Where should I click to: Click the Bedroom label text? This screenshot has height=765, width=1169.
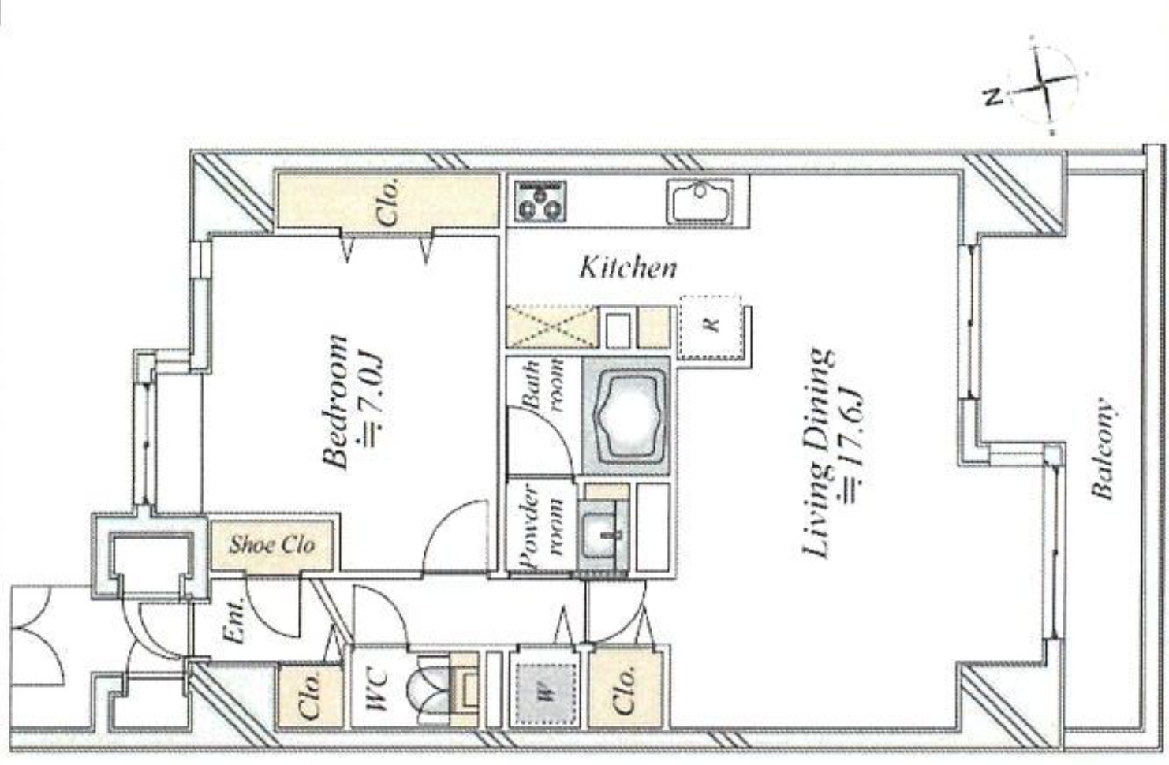pyautogui.click(x=337, y=402)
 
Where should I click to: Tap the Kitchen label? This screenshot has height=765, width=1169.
pyautogui.click(x=628, y=267)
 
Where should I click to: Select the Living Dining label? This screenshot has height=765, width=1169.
pyautogui.click(x=817, y=453)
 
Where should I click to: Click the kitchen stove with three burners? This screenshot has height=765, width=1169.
pyautogui.click(x=540, y=200)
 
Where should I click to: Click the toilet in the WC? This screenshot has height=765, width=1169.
pyautogui.click(x=430, y=688)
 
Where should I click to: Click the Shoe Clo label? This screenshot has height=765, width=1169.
pyautogui.click(x=271, y=544)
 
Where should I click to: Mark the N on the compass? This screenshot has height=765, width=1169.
pyautogui.click(x=994, y=97)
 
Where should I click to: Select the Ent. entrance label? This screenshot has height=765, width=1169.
pyautogui.click(x=234, y=625)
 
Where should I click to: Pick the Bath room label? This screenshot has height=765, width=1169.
pyautogui.click(x=543, y=386)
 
